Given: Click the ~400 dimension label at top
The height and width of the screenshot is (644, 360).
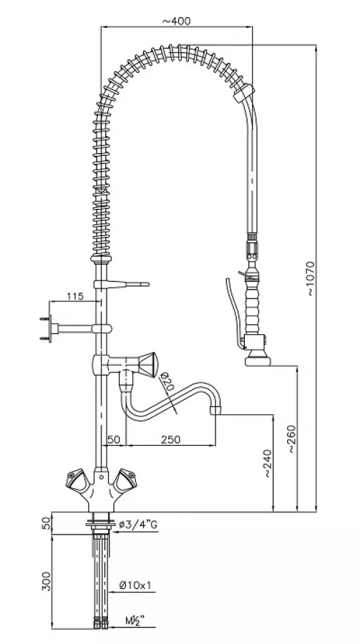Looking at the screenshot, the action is click(x=176, y=20).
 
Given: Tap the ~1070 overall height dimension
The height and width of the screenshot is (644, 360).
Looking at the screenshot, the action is click(x=310, y=278).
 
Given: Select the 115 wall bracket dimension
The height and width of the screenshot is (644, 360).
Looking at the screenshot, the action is click(x=75, y=296).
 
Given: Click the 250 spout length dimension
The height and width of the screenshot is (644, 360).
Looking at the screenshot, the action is click(x=170, y=439).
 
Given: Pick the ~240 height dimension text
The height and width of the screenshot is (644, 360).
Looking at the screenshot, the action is click(x=267, y=463).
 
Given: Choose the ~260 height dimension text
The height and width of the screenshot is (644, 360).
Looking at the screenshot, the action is click(x=291, y=439).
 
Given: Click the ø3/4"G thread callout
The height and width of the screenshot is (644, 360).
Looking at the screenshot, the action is click(x=138, y=525).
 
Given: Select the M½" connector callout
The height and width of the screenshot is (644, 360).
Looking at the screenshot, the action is click(x=135, y=620).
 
